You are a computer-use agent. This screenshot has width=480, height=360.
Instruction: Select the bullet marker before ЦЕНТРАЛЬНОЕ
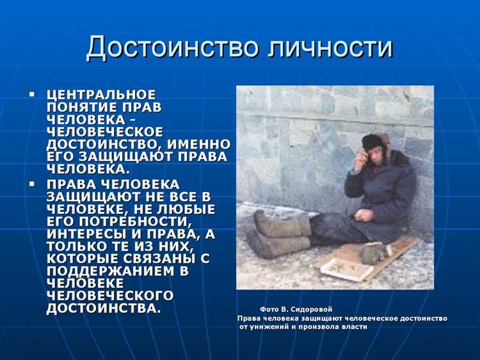[x=31, y=94]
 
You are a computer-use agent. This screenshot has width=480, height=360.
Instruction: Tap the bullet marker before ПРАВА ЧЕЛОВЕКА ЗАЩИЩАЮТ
[x=31, y=184]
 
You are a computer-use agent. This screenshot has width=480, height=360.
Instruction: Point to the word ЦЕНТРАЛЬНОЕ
[x=100, y=94]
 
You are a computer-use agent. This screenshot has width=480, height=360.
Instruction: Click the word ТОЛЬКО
[x=73, y=247]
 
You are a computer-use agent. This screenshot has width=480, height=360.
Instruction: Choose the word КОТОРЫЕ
[x=79, y=259]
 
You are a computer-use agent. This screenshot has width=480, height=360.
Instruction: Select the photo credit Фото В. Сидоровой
[x=296, y=309]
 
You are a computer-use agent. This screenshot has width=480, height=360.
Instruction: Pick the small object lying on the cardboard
[x=371, y=252]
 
